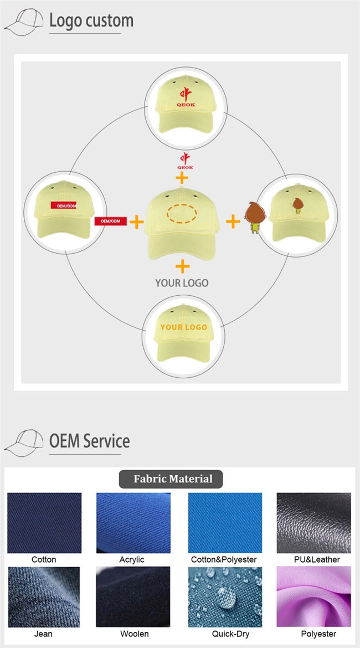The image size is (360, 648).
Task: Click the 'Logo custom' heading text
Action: (91, 20)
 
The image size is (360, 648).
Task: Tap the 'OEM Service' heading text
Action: (89, 441)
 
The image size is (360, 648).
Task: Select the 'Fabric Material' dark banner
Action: (173, 479)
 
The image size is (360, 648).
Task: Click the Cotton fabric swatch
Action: (44, 523)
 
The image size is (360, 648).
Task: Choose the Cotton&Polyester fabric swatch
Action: (225, 523)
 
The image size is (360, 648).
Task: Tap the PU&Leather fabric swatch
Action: (314, 523)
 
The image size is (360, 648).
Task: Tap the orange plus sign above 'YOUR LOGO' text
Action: (182, 266)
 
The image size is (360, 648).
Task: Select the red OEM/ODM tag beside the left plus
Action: (111, 222)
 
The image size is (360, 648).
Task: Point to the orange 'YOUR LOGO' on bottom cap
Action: (184, 327)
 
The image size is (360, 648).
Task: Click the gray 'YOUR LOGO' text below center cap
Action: (182, 283)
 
